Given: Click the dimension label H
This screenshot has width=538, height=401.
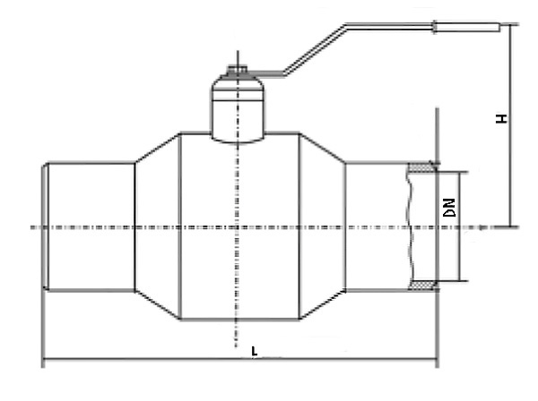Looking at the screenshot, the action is point(501,118).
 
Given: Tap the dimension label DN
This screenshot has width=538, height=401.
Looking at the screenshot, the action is point(449,208).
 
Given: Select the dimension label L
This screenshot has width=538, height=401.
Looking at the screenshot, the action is point(255,352).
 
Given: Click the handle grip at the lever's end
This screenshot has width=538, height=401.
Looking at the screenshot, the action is point(466,28).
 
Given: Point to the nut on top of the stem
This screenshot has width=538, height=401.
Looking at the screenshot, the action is point(238,71).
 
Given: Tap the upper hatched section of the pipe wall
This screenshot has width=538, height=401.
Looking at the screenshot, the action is point(421,167).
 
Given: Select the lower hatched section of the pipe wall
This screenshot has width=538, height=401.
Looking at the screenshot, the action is point(423,286).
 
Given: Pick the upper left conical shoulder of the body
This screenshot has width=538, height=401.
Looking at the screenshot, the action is point(158,148).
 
